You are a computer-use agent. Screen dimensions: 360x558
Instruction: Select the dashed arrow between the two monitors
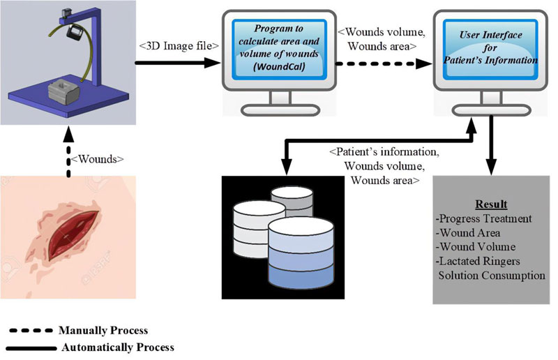click(381, 62)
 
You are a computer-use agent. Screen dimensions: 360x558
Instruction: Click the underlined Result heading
click(491, 204)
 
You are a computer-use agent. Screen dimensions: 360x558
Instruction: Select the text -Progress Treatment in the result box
click(488, 219)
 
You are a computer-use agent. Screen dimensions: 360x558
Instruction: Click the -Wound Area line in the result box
click(478, 233)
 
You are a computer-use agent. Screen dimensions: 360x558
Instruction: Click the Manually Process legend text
click(103, 330)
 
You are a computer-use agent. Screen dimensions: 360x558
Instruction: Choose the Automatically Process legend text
click(116, 347)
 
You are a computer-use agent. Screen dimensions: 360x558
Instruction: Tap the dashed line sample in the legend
click(31, 330)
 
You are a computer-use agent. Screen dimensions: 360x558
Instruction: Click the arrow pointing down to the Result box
click(492, 147)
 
